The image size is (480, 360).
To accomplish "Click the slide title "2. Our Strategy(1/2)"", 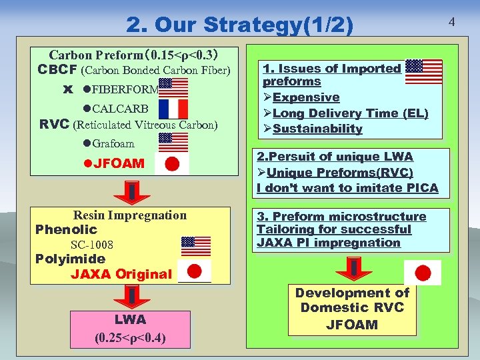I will click(240, 25).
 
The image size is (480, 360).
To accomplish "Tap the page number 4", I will click(451, 22).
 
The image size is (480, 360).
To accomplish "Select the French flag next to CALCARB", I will click(173, 108).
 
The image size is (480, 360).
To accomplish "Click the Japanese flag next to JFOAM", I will click(172, 164).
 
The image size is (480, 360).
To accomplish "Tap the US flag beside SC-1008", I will click(196, 246).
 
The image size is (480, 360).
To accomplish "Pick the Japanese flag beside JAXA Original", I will click(195, 271).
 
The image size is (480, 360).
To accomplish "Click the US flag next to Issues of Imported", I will click(423, 71).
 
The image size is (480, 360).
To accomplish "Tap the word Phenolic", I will click(66, 229).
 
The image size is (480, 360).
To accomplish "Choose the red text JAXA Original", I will click(121, 274).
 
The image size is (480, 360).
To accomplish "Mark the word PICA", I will click(419, 188).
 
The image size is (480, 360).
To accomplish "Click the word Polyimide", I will click(70, 259).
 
